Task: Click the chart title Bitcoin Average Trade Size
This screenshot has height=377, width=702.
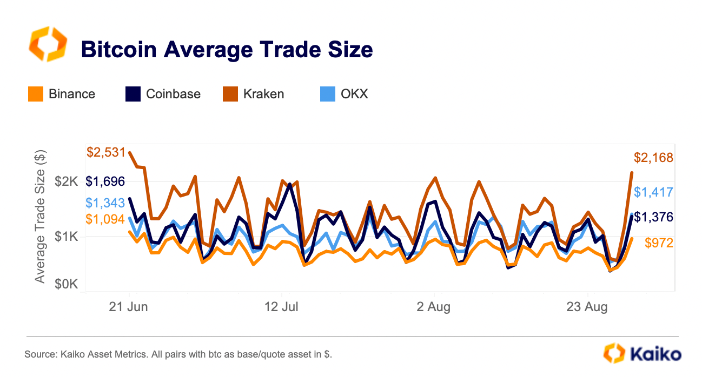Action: [227, 50]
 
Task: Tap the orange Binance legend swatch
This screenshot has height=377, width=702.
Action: [36, 94]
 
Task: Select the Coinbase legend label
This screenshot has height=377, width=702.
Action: [173, 94]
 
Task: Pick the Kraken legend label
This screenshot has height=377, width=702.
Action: [264, 94]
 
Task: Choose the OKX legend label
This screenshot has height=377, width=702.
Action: [354, 94]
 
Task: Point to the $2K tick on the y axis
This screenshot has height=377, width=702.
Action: [67, 181]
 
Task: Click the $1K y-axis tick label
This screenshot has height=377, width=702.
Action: [67, 237]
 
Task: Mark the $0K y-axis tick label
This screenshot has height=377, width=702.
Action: [67, 284]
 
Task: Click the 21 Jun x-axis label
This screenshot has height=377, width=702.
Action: [129, 307]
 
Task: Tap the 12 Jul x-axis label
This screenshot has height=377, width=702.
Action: [282, 307]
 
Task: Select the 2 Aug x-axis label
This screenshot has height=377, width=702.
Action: [434, 307]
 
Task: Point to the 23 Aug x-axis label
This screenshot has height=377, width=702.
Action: [587, 307]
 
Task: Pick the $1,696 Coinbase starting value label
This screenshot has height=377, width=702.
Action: [105, 181]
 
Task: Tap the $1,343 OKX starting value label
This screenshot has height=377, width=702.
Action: [105, 203]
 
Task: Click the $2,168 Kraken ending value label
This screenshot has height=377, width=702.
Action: [653, 158]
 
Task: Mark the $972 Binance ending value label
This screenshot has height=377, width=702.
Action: [659, 243]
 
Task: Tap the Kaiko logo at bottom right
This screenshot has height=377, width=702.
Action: [642, 354]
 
